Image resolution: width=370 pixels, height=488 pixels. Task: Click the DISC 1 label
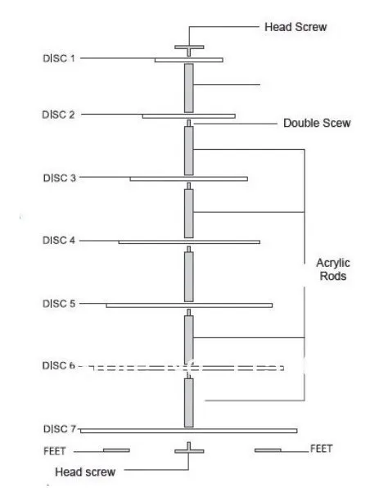[59, 58]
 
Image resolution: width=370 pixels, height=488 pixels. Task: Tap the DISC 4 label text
[59, 240]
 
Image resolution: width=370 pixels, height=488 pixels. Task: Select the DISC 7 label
[60, 429]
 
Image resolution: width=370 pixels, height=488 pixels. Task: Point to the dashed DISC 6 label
[58, 365]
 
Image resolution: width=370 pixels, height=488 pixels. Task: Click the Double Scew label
[317, 123]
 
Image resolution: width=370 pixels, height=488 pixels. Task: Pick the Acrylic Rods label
[333, 269]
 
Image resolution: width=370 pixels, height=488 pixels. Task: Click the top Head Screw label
[296, 27]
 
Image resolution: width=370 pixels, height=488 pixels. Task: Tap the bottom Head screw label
[85, 472]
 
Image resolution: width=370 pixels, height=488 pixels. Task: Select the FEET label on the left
[55, 451]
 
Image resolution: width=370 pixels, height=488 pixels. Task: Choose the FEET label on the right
[322, 449]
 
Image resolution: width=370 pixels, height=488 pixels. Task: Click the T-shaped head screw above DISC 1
[189, 51]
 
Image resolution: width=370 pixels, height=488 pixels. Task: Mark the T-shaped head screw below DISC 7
[189, 448]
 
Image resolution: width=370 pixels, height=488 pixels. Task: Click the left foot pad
[116, 450]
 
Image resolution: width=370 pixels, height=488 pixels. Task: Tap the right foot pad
[268, 450]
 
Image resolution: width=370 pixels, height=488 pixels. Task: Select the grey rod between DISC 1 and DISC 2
[188, 88]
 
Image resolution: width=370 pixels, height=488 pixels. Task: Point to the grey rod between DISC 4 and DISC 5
[188, 277]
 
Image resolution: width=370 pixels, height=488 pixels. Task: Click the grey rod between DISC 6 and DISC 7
[188, 403]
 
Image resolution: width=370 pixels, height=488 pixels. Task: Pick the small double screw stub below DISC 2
[188, 124]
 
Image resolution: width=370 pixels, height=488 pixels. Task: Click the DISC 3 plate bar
[188, 179]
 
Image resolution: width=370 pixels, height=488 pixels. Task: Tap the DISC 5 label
[59, 304]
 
